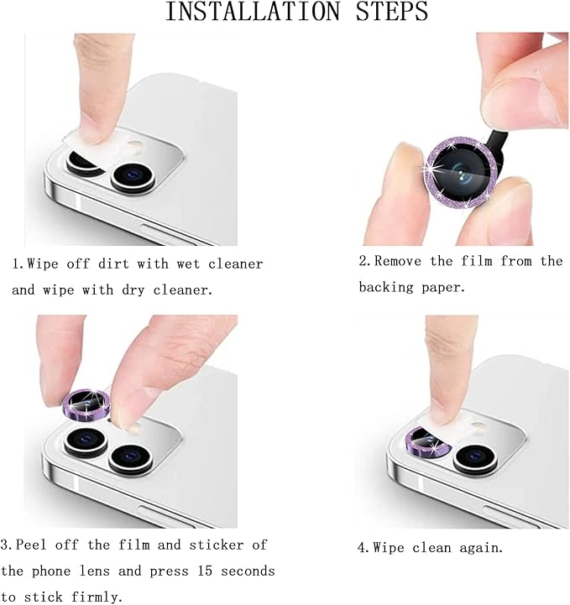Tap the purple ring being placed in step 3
click(87, 403)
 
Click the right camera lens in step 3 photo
click(128, 456)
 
